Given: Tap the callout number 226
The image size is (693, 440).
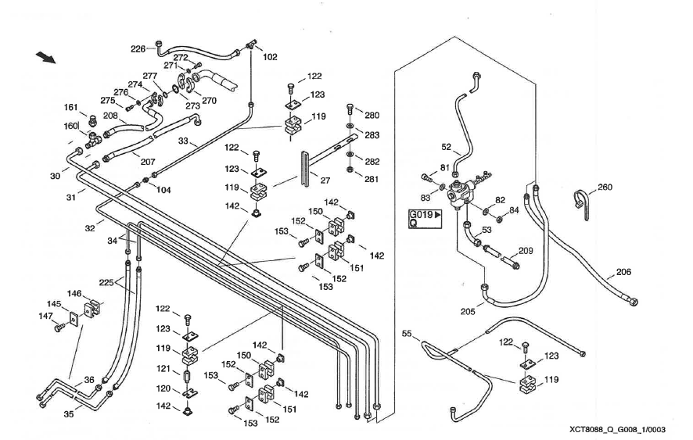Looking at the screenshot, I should pos(138,48).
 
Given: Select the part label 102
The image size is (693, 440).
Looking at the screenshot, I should pos(270,56).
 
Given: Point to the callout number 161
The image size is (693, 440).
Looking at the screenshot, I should pos(70,108).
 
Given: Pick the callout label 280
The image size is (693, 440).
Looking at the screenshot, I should pos(372,116).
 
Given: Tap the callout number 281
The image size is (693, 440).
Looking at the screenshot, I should pos(372,178).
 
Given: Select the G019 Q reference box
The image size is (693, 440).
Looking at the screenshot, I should pos(424,218).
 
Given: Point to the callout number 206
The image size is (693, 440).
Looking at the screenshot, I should pos(623,272).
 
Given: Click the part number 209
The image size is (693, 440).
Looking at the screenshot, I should pos(526,252).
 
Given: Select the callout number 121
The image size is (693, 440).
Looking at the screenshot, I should pos(164,368).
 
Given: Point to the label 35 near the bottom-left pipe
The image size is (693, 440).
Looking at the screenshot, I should pos(68,415).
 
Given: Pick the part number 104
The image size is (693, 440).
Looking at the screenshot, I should pos(163,190).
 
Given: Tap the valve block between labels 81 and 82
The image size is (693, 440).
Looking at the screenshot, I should pos(469,188).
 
